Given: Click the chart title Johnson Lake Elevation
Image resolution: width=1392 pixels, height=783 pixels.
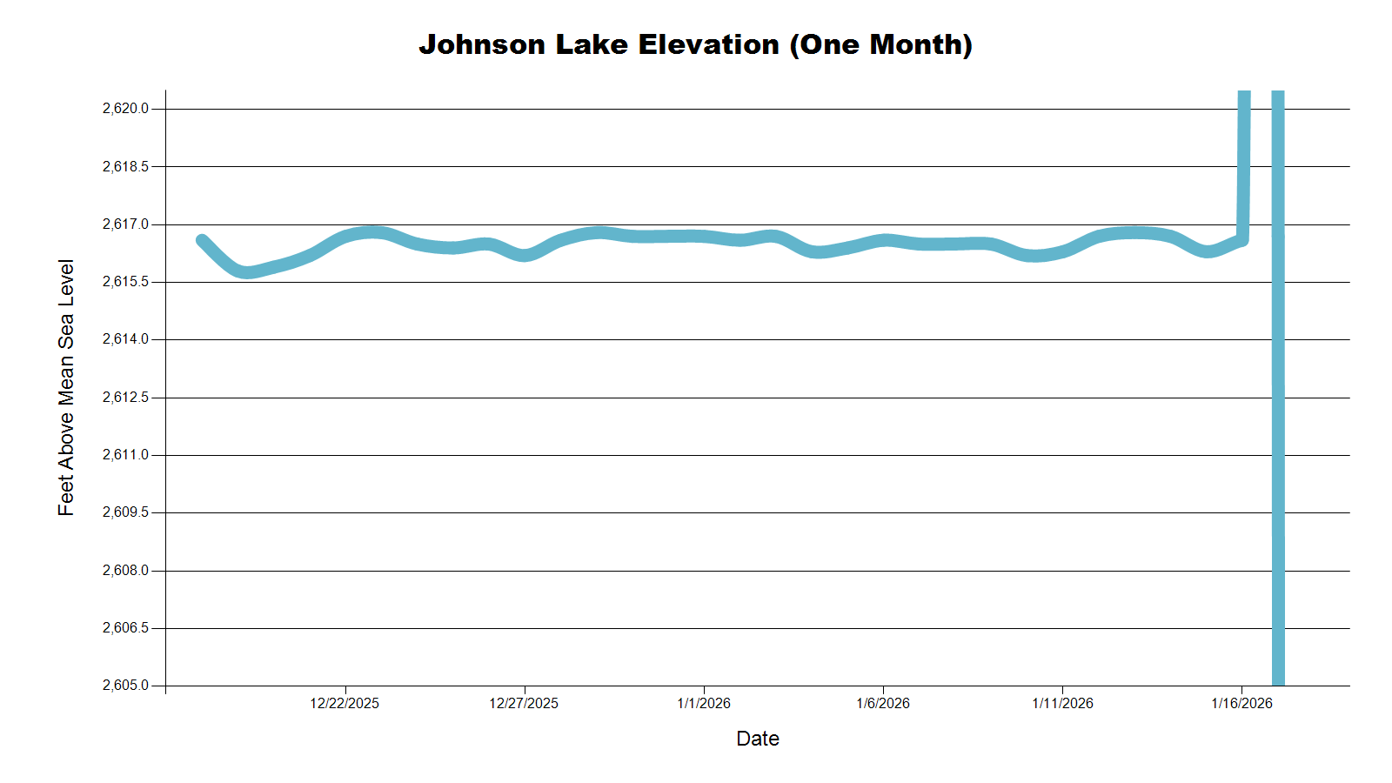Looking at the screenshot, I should [695, 44].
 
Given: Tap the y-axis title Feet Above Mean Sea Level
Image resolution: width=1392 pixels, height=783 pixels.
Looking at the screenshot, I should [66, 387].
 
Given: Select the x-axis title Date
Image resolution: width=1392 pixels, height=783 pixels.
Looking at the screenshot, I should [757, 739].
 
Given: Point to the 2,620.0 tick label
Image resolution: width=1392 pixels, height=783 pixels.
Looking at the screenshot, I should [125, 109].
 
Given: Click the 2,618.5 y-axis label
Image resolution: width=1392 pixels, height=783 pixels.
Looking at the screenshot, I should [125, 166].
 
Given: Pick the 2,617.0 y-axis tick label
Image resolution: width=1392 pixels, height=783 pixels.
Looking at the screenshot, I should [125, 224].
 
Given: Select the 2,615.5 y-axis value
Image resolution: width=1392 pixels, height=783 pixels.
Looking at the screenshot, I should [125, 282].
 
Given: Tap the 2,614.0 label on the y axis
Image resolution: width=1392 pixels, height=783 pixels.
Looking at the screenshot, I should [125, 339].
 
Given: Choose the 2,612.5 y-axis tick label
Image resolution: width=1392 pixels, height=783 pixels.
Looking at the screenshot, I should [125, 398].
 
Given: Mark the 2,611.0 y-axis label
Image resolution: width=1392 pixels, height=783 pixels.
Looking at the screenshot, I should [125, 455].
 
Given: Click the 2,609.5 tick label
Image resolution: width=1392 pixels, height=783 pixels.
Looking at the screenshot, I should [125, 512].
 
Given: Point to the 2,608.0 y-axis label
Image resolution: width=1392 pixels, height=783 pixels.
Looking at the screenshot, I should [125, 571].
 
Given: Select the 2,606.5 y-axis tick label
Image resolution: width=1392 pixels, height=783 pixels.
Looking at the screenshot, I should [125, 628].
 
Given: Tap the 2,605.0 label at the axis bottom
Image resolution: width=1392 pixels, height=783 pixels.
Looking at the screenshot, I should [125, 686].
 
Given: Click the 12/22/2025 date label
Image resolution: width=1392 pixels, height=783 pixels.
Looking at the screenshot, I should [345, 703].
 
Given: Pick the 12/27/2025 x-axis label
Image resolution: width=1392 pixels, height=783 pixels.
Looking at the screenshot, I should [524, 703].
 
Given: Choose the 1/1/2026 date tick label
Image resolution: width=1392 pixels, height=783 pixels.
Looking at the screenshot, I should [704, 703].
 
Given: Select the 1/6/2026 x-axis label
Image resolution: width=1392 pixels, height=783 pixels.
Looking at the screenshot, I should [883, 703].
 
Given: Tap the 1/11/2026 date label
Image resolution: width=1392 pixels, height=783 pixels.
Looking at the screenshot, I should [1062, 703].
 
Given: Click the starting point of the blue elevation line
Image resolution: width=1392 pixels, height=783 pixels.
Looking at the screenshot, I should [202, 240].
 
